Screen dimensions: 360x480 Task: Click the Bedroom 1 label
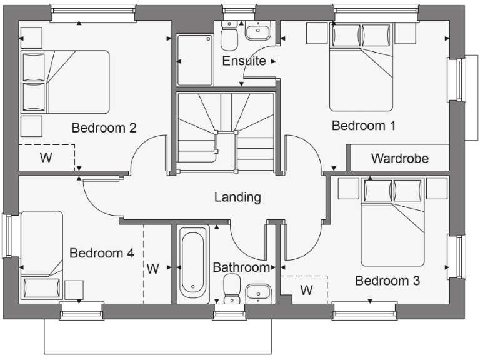(363, 126)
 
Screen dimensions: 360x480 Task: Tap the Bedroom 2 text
(104, 128)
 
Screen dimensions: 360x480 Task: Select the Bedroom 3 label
(387, 281)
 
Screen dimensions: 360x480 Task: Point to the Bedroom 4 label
(101, 253)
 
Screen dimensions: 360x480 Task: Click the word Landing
(237, 197)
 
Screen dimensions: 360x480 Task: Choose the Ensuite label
(244, 61)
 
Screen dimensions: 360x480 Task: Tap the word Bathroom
(241, 267)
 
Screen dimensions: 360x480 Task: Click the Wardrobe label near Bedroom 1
(400, 158)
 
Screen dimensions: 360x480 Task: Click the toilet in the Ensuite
(229, 36)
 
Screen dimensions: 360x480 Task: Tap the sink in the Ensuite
(256, 32)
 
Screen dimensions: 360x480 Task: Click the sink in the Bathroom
(257, 292)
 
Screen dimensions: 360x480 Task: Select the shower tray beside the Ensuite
(195, 59)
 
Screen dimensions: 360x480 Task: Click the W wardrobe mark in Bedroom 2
(46, 157)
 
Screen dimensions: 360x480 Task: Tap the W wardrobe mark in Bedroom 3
(306, 290)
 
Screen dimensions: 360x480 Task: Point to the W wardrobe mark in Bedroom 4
(153, 269)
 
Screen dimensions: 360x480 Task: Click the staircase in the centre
(226, 132)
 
